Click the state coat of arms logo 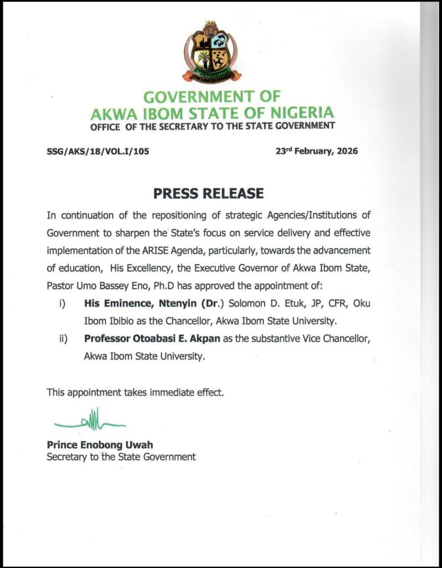pyautogui.click(x=211, y=51)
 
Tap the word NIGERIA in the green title pyautogui.click(x=303, y=113)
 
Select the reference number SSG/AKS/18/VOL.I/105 pyautogui.click(x=99, y=150)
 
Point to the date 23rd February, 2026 pyautogui.click(x=317, y=150)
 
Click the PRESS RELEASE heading pyautogui.click(x=208, y=194)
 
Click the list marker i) pyautogui.click(x=63, y=304)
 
